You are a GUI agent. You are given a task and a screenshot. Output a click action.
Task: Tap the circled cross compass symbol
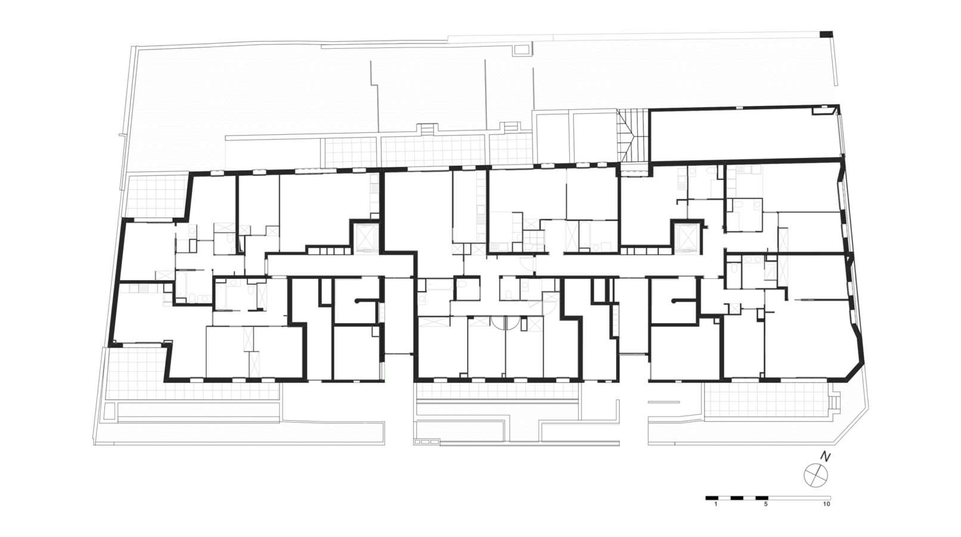pos(816,476)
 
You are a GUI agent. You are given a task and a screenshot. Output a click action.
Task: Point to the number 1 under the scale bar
pos(716,504)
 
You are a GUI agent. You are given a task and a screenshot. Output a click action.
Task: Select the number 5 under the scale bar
pos(766,504)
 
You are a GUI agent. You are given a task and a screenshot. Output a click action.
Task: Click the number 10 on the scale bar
pos(826,504)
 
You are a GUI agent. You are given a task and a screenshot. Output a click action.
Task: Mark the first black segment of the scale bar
pos(712,498)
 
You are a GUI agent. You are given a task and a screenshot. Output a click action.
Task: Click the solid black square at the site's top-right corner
pos(826,35)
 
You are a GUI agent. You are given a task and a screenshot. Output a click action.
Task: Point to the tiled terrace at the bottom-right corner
pos(766,399)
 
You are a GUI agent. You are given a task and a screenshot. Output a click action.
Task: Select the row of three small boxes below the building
pos(427,441)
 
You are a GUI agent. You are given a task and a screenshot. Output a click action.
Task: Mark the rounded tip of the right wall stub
pos(675,300)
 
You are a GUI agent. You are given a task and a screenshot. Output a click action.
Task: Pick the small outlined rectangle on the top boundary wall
pos(522,49)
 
